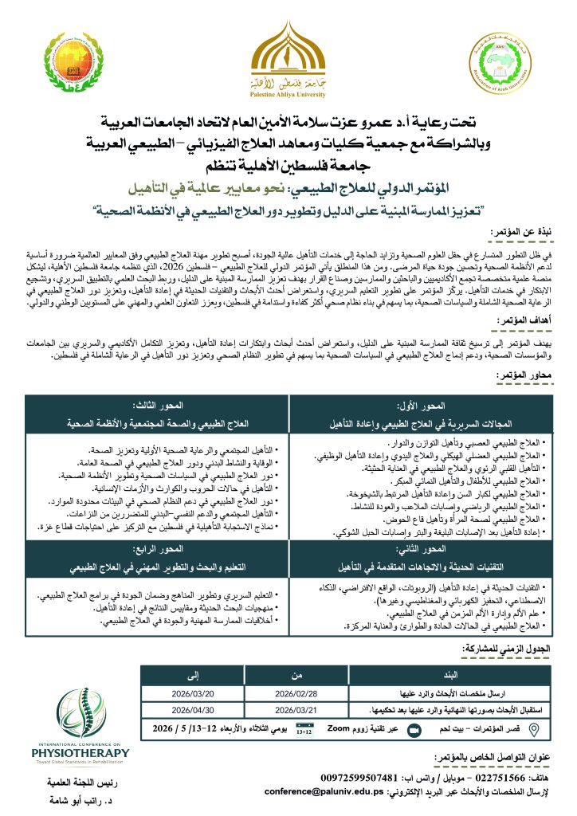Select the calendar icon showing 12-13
click(304, 728)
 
